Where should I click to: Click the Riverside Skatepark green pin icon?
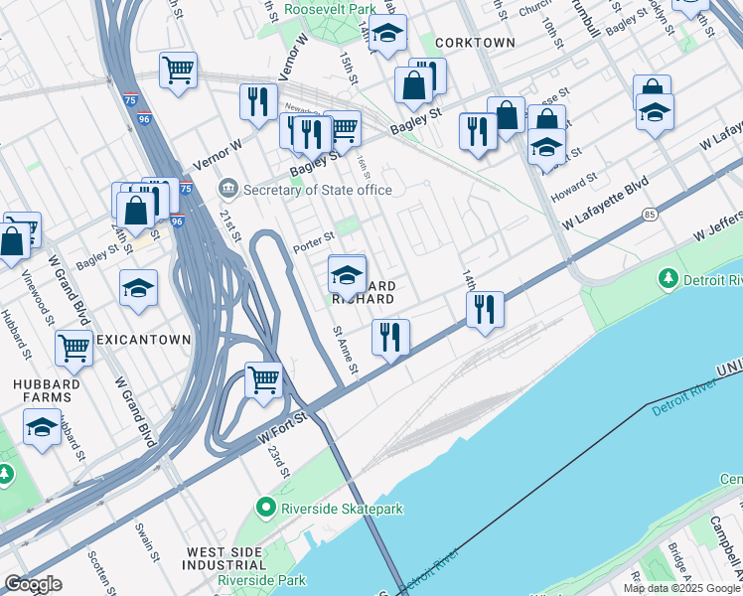(x=264, y=508)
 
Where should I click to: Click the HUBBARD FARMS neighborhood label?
(x=39, y=391)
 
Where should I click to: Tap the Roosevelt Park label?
(x=330, y=9)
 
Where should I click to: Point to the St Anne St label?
(x=346, y=351)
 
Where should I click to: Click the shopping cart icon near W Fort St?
(x=263, y=378)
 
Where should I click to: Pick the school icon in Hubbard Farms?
(x=42, y=429)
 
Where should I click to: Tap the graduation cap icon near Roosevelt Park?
(x=388, y=32)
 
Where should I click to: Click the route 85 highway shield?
(x=650, y=214)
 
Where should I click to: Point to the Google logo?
(x=33, y=584)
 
